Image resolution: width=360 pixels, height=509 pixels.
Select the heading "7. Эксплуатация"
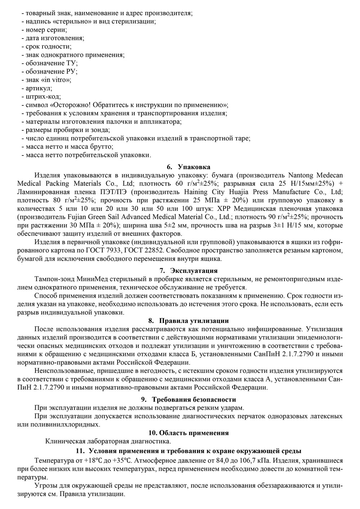pyautogui.click(x=188, y=270)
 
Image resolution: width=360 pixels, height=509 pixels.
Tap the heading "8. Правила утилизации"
pyautogui.click(x=188, y=320)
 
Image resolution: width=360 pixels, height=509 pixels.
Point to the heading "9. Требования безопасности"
pyautogui.click(x=188, y=399)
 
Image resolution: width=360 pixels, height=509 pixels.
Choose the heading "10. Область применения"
pyautogui.click(x=188, y=433)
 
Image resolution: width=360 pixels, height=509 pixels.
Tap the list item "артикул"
pyautogui.click(x=39, y=88)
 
